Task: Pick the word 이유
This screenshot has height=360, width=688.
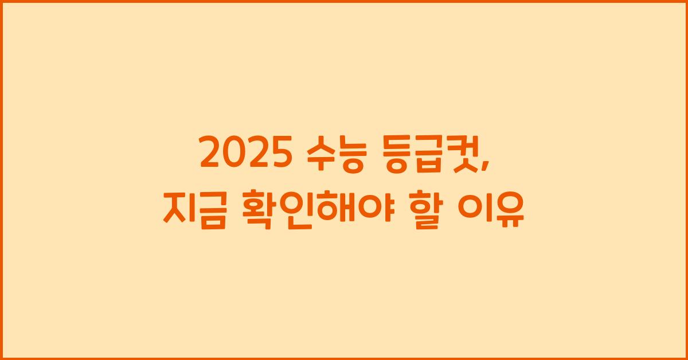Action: [492, 211]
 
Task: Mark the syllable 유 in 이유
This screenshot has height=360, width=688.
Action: [509, 211]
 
